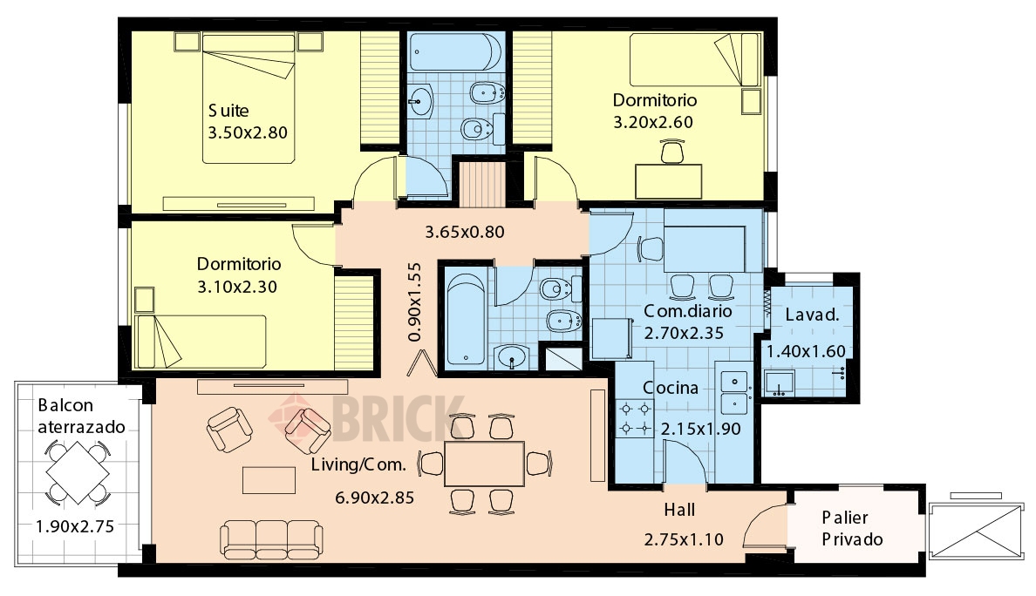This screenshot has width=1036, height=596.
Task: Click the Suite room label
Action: (x=228, y=110)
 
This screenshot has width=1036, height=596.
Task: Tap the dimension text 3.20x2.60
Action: (x=653, y=122)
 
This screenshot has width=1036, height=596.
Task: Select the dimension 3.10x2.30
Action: (x=237, y=288)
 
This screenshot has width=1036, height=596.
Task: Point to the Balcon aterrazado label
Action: (x=80, y=416)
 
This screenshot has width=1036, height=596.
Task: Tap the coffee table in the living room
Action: (x=269, y=480)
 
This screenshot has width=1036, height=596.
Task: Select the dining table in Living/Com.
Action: (x=484, y=464)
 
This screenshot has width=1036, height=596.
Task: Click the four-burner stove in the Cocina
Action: (x=635, y=420)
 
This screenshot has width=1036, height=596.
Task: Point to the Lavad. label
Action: (x=812, y=315)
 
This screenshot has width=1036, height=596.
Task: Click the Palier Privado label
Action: (x=852, y=529)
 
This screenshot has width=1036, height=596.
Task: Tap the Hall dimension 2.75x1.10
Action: (x=684, y=540)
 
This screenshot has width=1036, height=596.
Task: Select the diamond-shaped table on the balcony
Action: (x=78, y=472)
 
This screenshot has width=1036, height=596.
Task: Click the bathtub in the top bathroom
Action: (x=454, y=52)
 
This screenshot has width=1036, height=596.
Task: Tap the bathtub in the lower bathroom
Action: (x=466, y=320)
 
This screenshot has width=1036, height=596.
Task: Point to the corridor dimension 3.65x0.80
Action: (x=465, y=233)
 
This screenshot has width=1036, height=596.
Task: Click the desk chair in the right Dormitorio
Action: (x=672, y=151)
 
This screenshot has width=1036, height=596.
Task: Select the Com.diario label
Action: (x=688, y=311)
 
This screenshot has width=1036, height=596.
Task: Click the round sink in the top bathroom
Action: (x=419, y=102)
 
